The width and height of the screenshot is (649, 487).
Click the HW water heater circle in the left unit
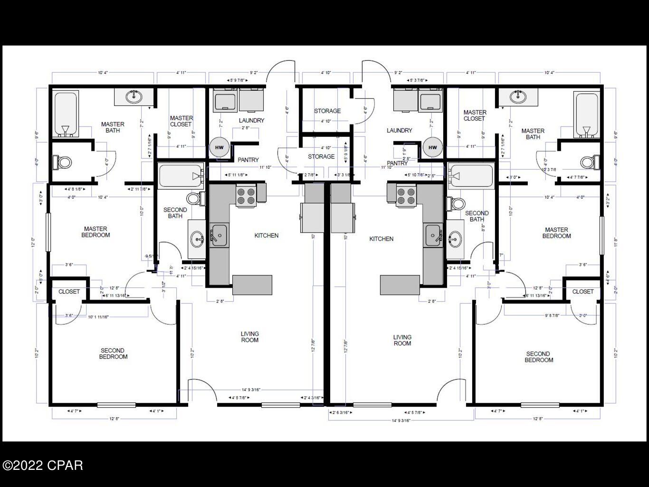click(x=219, y=147)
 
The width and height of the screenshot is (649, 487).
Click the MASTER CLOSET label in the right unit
click(x=475, y=116)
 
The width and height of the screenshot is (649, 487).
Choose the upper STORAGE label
click(x=327, y=111)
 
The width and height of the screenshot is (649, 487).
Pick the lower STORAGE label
click(x=321, y=156)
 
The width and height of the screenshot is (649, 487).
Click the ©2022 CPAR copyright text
click(x=42, y=465)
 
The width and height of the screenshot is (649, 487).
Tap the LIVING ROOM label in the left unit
click(x=249, y=337)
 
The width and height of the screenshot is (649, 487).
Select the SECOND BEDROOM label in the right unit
click(x=538, y=357)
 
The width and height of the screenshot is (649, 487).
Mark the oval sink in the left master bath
click(x=134, y=97)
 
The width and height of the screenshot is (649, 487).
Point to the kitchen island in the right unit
click(x=400, y=285)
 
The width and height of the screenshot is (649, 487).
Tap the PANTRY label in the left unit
click(x=248, y=160)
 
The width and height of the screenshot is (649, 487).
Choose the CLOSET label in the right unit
click(x=582, y=292)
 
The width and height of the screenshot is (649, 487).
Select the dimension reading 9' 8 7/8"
click(x=559, y=315)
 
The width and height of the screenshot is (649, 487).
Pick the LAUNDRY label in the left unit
click(x=251, y=120)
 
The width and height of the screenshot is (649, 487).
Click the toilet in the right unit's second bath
click(x=458, y=204)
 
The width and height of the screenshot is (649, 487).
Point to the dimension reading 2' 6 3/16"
click(x=341, y=413)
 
